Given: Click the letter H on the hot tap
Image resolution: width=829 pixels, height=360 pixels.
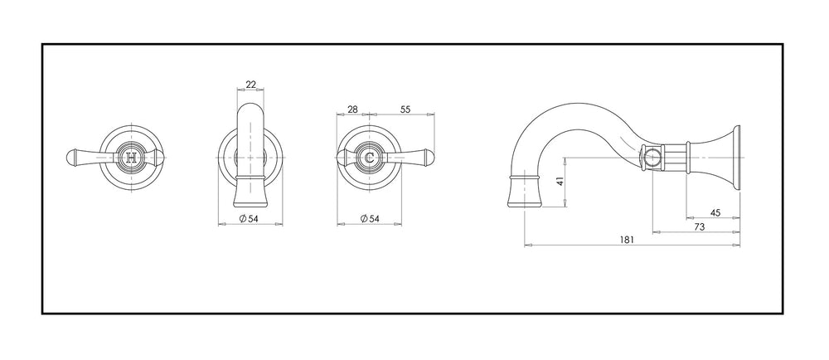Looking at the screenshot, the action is click(132, 157).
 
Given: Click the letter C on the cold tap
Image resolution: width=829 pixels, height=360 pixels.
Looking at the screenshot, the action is click(370, 157).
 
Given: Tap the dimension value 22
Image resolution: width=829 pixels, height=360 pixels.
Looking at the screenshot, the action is click(250, 85).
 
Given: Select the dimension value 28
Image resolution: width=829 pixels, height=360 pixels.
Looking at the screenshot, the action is click(352, 109).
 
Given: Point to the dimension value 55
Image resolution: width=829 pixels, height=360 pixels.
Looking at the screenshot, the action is click(405, 109).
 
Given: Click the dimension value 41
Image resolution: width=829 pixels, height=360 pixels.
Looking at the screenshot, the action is click(561, 182).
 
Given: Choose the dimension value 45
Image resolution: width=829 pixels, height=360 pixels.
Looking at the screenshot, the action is click(715, 213).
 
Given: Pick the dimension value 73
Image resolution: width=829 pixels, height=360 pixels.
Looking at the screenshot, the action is click(699, 226).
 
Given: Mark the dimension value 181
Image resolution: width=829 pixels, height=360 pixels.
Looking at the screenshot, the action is click(626, 240).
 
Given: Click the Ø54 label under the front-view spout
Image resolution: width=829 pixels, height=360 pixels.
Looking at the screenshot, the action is click(249, 218).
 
